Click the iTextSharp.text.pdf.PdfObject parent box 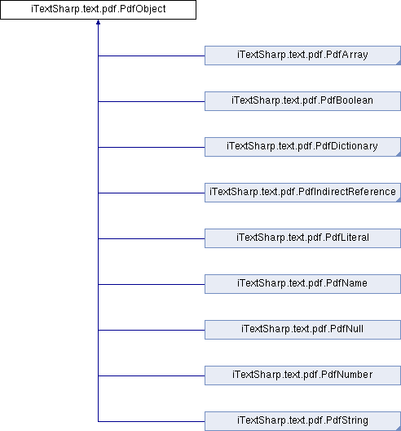(99, 10)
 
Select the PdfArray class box (302, 56)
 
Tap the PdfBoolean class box (302, 101)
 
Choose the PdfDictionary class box (302, 147)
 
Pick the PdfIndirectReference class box (302, 193)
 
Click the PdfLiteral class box (302, 238)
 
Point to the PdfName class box (302, 284)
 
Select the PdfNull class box (302, 330)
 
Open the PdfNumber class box (302, 375)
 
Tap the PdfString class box (302, 421)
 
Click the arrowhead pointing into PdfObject (98, 22)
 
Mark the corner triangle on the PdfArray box (399, 63)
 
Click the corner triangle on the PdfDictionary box (399, 154)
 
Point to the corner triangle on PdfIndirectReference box (399, 200)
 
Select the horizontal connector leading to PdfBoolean (152, 101)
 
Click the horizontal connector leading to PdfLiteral (152, 238)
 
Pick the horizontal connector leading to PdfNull (152, 330)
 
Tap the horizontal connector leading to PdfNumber (152, 375)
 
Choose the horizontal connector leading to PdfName (152, 285)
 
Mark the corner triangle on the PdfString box (399, 429)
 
